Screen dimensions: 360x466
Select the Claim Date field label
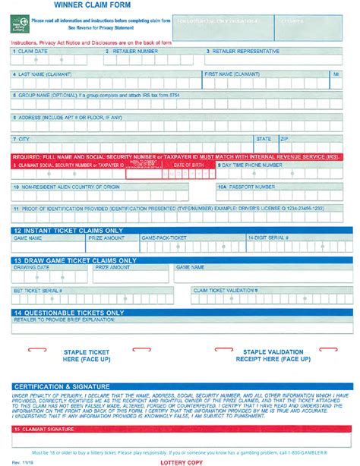32,52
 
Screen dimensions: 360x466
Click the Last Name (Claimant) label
45,74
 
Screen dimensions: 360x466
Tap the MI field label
336,74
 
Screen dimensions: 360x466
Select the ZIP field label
284,139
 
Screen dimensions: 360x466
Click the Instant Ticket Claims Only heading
68,230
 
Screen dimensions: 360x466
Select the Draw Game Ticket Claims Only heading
74,260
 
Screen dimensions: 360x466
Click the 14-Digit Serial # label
270,238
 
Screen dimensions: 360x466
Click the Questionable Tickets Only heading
68,312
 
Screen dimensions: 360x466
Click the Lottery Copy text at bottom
180,461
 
